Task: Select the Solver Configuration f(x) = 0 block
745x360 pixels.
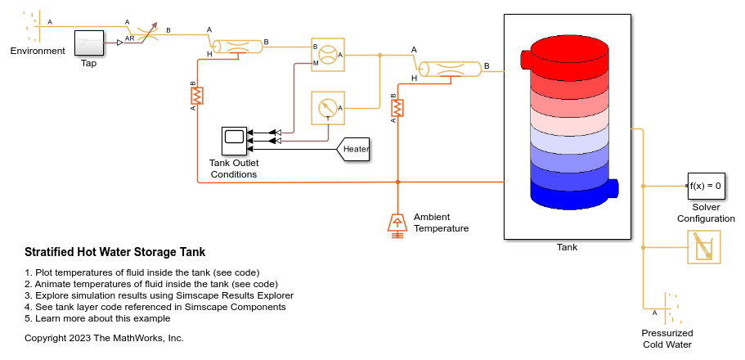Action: [x=705, y=186]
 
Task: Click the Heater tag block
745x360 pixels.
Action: [x=354, y=148]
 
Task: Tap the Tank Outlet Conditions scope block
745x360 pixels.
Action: [x=234, y=140]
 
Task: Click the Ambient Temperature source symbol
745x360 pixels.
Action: [x=397, y=223]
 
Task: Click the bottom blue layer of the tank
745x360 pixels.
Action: [x=570, y=191]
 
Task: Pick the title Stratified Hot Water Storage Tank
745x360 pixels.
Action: [x=115, y=252]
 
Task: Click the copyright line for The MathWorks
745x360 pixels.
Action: [x=104, y=338]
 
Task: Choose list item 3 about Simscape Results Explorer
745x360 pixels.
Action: [x=159, y=295]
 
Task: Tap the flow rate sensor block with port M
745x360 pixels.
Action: [x=327, y=55]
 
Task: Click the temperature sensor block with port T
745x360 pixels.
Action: [x=327, y=108]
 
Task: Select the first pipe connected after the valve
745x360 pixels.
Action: [x=236, y=47]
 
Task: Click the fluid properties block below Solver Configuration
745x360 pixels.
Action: [x=704, y=245]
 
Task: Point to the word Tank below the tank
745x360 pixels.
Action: [x=567, y=247]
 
